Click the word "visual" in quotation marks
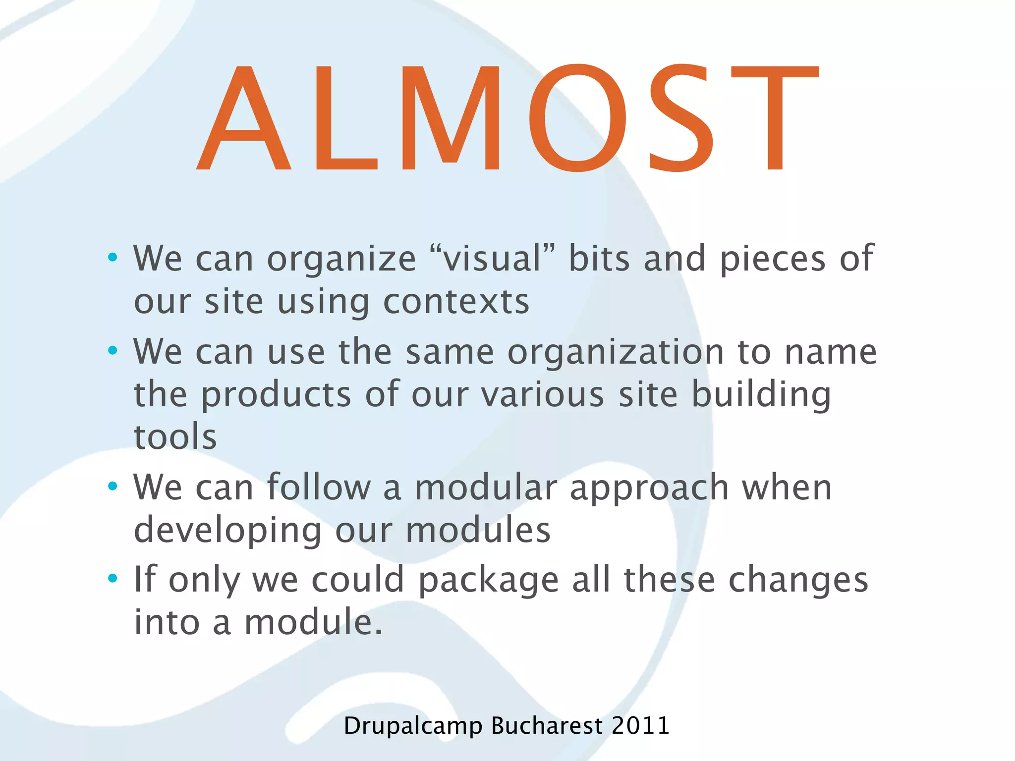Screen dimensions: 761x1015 tap(493, 258)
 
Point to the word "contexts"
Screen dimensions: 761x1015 tap(456, 302)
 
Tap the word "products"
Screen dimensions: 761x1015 tap(276, 395)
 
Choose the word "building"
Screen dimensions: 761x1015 tap(761, 395)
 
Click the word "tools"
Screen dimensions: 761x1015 tap(175, 437)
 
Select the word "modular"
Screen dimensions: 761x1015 tap(486, 488)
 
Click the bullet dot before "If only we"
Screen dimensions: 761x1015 tap(113, 578)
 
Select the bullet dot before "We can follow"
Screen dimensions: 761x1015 tap(113, 486)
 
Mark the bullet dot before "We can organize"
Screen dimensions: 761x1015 tap(113, 257)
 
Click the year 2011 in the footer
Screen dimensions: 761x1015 tap(640, 726)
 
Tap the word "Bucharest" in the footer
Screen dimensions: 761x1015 tap(547, 726)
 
